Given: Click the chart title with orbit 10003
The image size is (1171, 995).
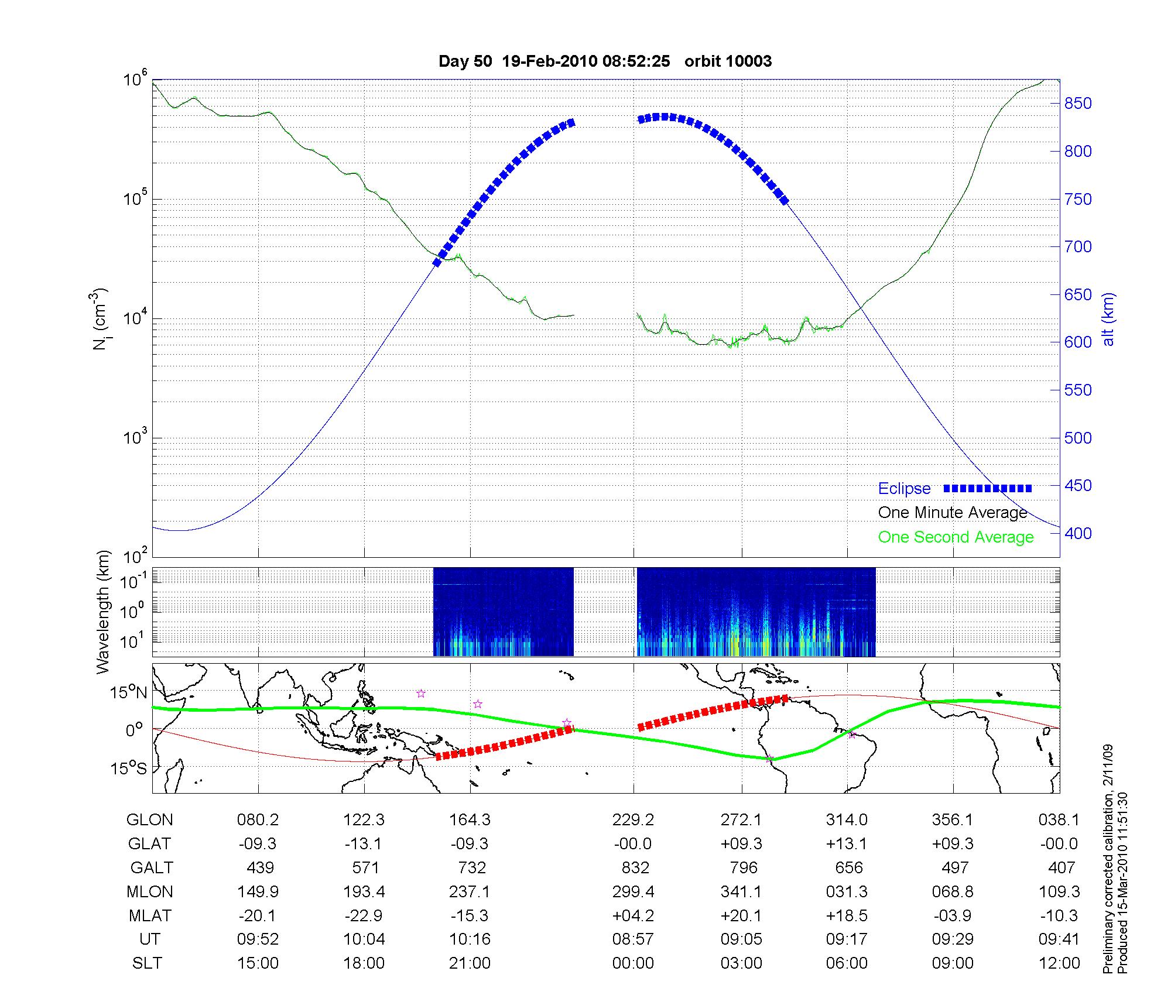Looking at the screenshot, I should (605, 61).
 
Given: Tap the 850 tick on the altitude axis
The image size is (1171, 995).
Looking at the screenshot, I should (1078, 104).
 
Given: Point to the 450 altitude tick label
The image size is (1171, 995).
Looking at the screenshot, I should (1078, 486).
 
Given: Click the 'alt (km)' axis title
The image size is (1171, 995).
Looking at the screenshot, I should (1108, 319).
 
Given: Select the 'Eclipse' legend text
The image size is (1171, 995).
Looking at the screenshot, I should (904, 489).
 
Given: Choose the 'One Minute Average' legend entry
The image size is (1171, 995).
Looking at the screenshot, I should (953, 513).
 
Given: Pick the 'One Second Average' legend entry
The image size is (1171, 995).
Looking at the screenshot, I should (956, 537).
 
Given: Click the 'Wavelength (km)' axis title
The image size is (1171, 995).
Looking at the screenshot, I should (104, 612).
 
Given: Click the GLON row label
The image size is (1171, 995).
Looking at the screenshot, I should (149, 820).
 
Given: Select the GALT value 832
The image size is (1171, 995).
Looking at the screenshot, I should (635, 867).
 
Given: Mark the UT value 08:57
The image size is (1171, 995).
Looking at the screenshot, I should (633, 939).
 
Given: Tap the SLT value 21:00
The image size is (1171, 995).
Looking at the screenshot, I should (470, 963).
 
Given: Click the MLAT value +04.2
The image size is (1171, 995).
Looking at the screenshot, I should (633, 915).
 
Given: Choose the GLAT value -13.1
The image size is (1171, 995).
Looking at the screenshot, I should (364, 844).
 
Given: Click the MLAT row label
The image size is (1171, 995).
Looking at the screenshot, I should (150, 915).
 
